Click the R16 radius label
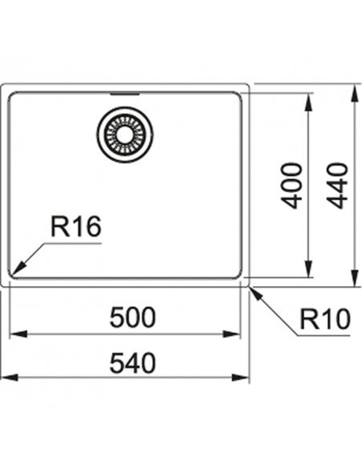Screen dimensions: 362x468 point(76,227)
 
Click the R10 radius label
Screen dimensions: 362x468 point(324,319)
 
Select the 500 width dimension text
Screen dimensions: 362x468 point(133,317)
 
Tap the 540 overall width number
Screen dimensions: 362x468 point(133,363)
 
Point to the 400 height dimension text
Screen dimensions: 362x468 point(292,185)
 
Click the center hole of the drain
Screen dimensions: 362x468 point(125,135)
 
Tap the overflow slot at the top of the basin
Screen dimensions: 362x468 point(125,95)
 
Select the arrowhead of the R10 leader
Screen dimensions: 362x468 point(256,294)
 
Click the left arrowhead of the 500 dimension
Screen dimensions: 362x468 point(18,334)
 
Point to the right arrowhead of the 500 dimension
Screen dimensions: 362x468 point(231,334)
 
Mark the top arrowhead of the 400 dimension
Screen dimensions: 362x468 point(309,102)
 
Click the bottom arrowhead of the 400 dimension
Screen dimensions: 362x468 point(309,268)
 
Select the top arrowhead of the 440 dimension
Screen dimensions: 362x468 point(354,92)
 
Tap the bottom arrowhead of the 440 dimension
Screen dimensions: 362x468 point(354,278)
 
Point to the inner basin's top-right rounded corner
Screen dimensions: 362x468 point(239,95)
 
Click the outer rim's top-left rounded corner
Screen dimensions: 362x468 point(2,86)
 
